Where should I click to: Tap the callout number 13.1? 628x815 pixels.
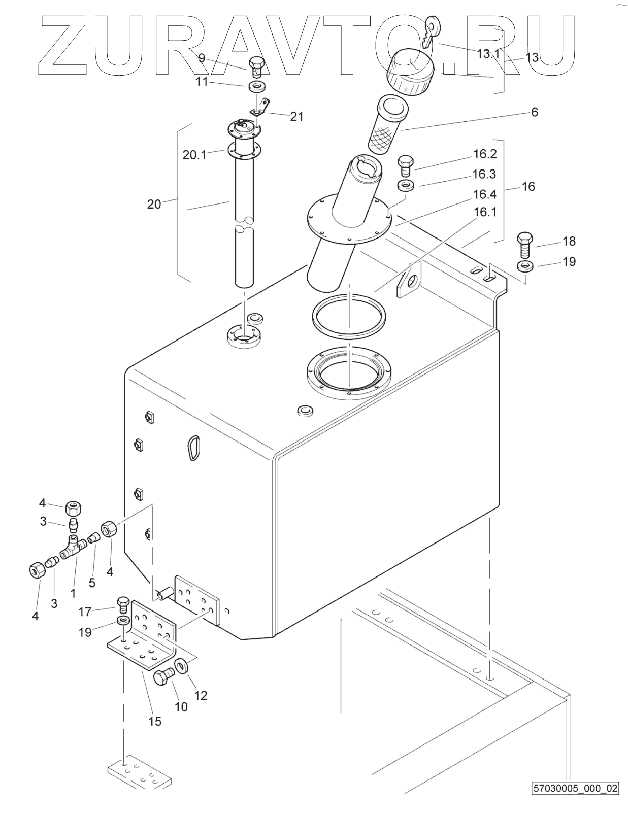point(488,54)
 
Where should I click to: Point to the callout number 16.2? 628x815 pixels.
point(485,154)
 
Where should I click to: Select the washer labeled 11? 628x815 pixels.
point(255,86)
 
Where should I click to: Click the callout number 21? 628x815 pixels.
point(297,117)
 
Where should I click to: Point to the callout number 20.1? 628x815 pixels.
point(194,155)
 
